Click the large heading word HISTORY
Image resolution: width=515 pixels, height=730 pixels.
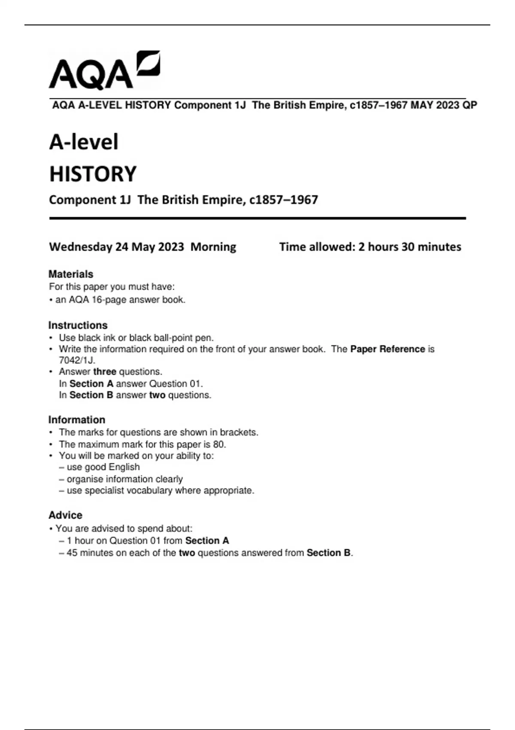[93, 174]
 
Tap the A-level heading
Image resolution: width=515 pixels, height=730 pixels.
[84, 142]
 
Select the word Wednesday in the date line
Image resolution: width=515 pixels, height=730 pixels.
[80, 247]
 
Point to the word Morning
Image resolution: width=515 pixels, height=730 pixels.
[213, 247]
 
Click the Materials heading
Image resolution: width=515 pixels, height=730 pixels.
[71, 274]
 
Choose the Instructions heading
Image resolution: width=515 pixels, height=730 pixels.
[78, 325]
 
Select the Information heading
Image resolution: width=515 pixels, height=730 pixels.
[77, 420]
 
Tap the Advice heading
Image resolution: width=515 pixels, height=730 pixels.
[65, 515]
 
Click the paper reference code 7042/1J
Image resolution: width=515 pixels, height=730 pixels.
[77, 360]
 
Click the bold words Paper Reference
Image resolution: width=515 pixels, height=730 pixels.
[388, 349]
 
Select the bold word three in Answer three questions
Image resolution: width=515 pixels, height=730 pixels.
[105, 371]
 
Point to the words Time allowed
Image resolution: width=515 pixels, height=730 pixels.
[317, 247]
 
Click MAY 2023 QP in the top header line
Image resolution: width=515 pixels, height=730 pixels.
[444, 105]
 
